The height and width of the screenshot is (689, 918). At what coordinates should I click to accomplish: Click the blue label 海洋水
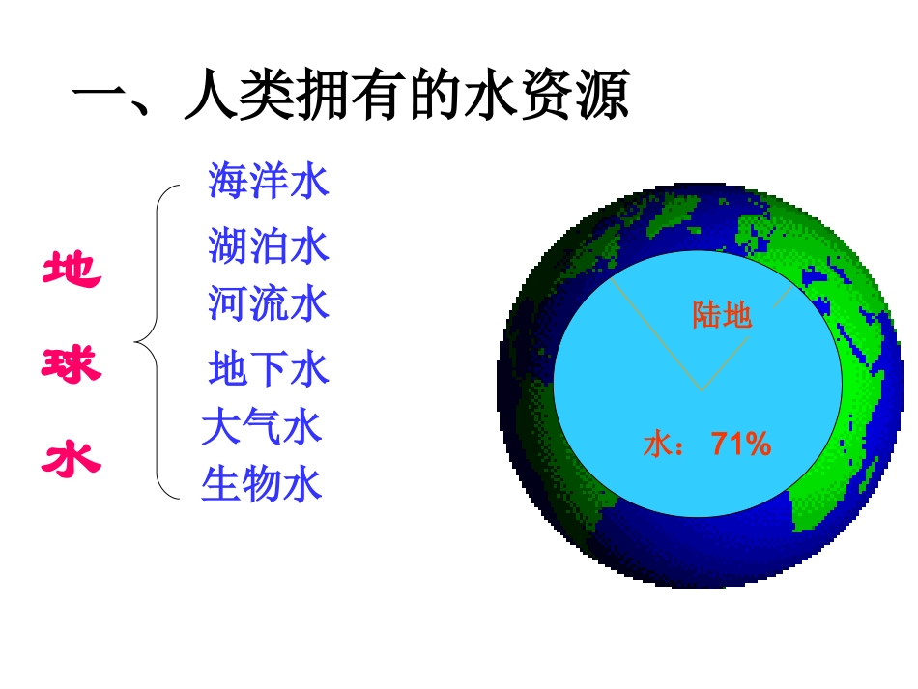coord(269,181)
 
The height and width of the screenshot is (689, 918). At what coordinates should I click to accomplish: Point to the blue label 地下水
coord(269,368)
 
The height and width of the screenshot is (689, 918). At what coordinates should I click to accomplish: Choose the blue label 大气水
coord(262,426)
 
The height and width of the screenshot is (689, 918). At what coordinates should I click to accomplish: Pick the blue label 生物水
coord(262,484)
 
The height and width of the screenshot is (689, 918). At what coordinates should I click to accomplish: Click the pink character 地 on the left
coord(72,269)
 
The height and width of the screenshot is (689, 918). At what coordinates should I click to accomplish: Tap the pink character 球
coord(72,364)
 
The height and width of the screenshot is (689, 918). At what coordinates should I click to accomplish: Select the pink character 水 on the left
coord(72,457)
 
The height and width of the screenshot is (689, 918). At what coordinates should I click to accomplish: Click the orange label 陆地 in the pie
coord(722,315)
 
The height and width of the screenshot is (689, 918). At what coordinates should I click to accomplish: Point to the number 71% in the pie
coord(741,445)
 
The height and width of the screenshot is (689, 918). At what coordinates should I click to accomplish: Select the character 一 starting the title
coord(100,99)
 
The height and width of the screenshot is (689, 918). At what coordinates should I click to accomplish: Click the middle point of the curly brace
coord(136,340)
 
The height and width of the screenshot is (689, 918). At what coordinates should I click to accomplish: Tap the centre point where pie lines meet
coord(703,390)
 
